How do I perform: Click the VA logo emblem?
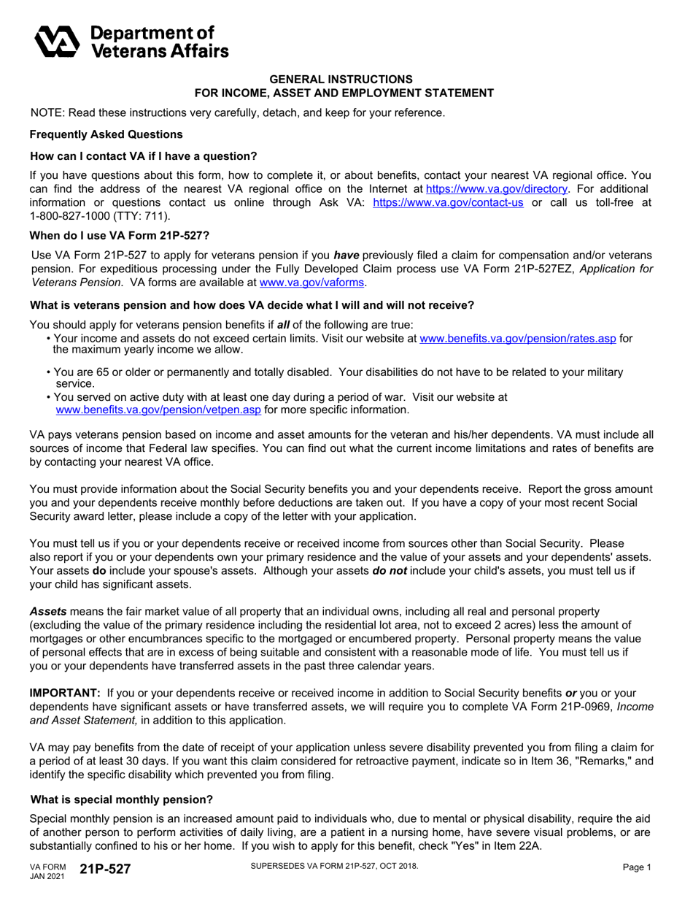click(x=58, y=41)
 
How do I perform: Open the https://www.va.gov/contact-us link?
click(x=448, y=203)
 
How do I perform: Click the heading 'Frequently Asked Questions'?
click(x=106, y=134)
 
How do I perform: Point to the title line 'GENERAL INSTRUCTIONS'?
click(x=341, y=79)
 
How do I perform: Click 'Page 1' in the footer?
click(x=637, y=867)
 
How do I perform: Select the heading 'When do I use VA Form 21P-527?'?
click(x=120, y=236)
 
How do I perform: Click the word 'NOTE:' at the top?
click(x=47, y=112)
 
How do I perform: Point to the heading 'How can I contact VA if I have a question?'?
click(x=144, y=156)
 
